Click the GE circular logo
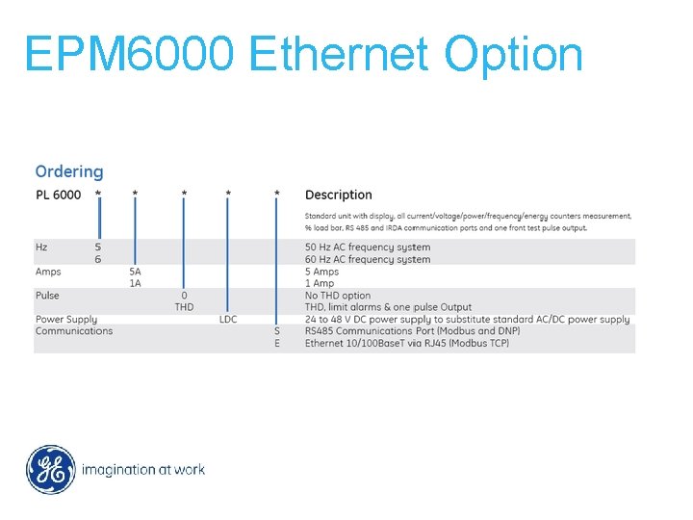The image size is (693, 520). click(x=50, y=470)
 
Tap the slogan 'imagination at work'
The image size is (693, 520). click(x=143, y=470)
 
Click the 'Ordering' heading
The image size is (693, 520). click(x=68, y=171)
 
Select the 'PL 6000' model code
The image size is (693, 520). click(x=58, y=195)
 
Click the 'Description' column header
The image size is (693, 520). click(x=338, y=195)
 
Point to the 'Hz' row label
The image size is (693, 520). click(x=41, y=247)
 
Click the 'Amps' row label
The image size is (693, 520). click(x=48, y=272)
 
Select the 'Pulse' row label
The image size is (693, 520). click(x=47, y=296)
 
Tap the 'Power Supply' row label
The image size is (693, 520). click(x=66, y=319)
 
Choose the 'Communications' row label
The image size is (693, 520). click(x=74, y=331)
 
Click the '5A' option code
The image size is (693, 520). click(x=135, y=272)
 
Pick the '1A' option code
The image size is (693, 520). click(x=135, y=283)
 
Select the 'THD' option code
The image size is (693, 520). click(x=184, y=307)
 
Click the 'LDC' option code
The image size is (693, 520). click(x=228, y=319)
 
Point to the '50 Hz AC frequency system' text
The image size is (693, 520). click(x=368, y=247)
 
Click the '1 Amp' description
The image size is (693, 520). click(x=320, y=283)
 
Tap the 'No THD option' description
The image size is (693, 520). click(x=338, y=296)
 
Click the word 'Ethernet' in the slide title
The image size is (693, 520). click(x=338, y=55)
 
